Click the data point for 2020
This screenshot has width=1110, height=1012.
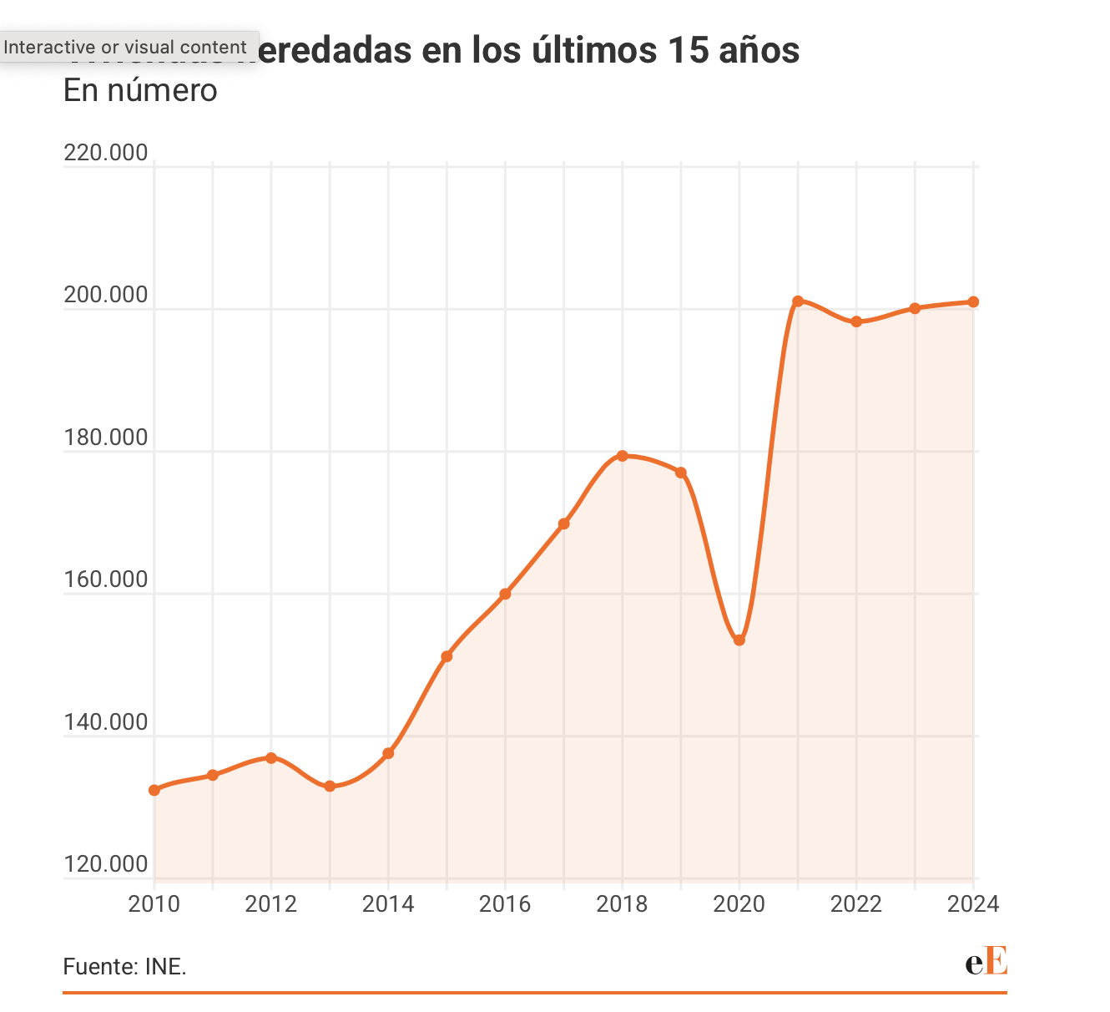pos(739,640)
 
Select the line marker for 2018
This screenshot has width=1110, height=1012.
pos(623,456)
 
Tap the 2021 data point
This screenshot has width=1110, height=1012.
pos(798,301)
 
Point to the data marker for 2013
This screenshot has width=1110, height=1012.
pos(330,787)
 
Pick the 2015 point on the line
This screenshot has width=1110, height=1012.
pos(447,657)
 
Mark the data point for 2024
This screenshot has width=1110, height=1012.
pos(973,302)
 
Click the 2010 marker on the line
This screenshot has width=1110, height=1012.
pos(154,790)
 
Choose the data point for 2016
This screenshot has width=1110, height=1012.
pos(505,595)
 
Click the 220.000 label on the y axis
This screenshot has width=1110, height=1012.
pos(106,154)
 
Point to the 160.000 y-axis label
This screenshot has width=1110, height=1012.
pos(106,579)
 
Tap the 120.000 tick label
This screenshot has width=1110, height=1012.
pos(106,864)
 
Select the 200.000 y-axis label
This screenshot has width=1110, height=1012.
pos(106,296)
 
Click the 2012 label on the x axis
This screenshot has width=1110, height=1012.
pos(271,904)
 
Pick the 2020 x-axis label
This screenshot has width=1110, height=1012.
pos(739,904)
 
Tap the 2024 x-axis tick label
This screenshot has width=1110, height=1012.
pos(973,904)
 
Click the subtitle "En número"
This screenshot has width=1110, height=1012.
pos(140,90)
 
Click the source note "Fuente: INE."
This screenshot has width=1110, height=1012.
pos(125,967)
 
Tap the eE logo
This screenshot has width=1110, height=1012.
pos(986,961)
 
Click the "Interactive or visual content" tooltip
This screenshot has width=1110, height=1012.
pos(125,48)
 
